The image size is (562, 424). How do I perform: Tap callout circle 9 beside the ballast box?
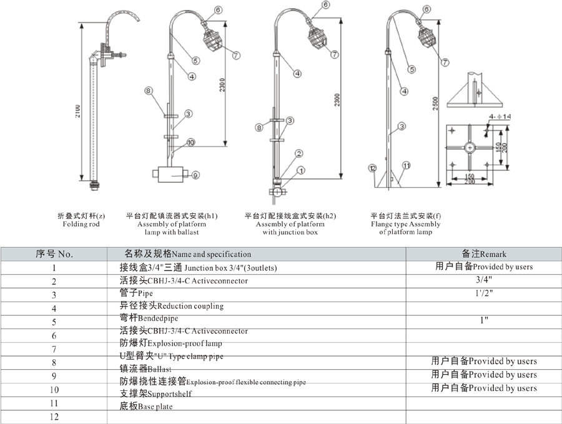(195, 175)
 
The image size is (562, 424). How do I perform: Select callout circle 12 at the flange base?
(372, 167)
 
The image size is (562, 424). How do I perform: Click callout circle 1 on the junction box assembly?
(301, 170)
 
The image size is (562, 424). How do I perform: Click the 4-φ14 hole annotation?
(500, 117)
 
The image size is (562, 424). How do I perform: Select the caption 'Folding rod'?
(81, 224)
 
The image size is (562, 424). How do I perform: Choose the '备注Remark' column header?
(484, 254)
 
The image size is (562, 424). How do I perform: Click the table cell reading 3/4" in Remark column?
(484, 280)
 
